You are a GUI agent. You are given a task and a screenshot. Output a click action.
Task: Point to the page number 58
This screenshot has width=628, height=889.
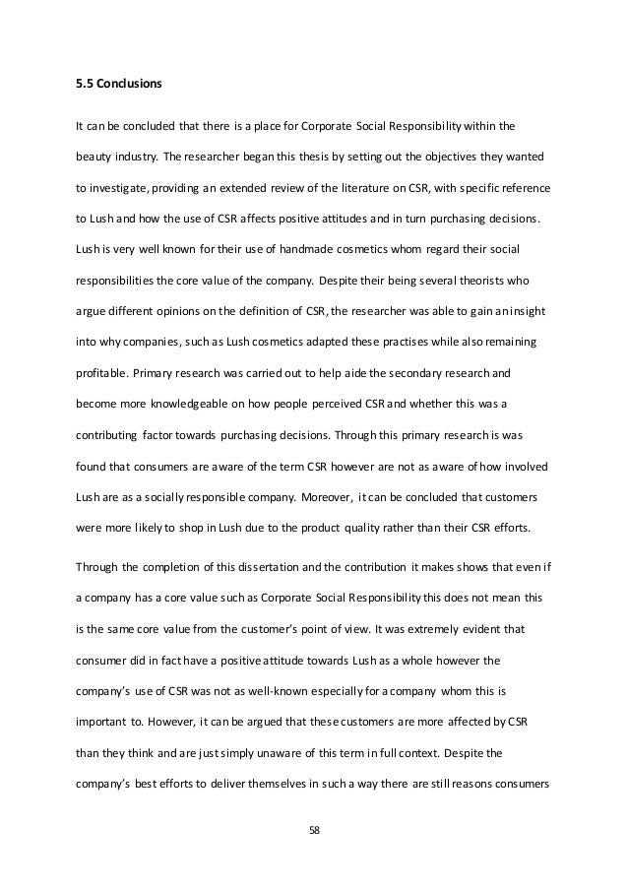[314, 829]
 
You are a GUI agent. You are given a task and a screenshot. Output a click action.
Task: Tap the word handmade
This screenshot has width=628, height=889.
[281, 249]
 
